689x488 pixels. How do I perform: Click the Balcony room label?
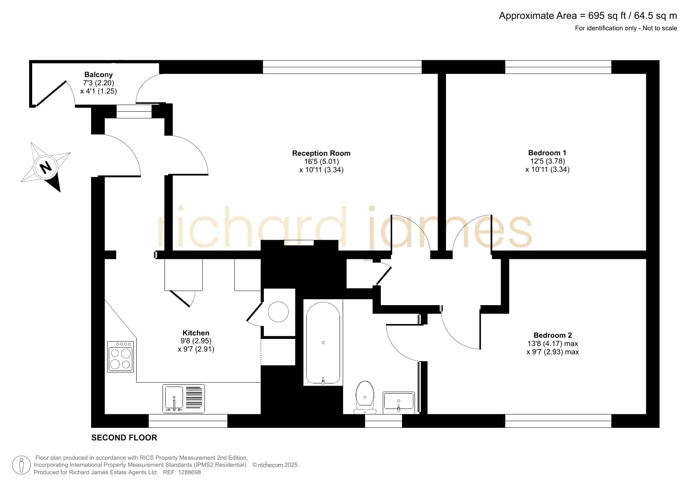pos(99,75)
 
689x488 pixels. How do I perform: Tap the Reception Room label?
pos(321,153)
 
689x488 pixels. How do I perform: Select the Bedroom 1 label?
pos(547,153)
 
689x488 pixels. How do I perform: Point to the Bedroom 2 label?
pos(553,335)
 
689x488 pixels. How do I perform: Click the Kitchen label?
pos(196,333)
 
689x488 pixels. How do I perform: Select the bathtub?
pos(323,343)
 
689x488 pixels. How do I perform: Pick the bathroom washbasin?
pos(398,403)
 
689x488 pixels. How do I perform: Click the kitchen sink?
pos(184,398)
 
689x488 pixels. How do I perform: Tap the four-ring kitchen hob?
pos(121,357)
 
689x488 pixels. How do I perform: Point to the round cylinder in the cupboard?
pos(278,312)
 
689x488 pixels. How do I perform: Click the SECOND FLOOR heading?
pos(124,438)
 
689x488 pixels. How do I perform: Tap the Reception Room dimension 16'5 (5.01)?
pos(322,162)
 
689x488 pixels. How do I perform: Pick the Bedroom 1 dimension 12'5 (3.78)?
pos(548,161)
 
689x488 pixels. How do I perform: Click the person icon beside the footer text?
pos(21,465)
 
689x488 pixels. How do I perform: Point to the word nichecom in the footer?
pos(270,465)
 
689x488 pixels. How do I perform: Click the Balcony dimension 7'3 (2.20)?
pos(99,83)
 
